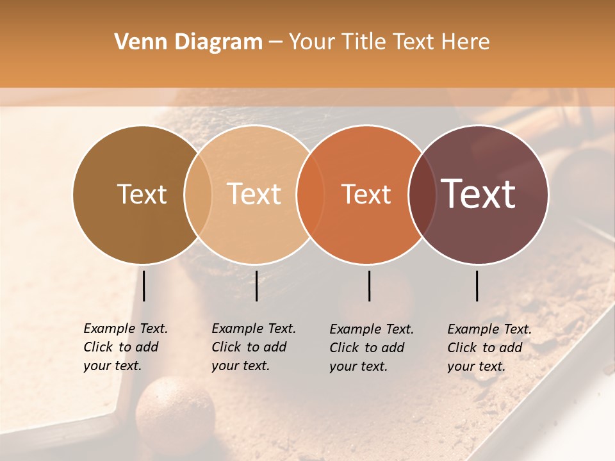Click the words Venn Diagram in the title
tap(188, 42)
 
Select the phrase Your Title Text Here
tap(389, 42)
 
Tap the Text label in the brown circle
tap(142, 194)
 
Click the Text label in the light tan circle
tap(254, 194)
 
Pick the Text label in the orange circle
tap(366, 194)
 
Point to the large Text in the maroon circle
tap(479, 193)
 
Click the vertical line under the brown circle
tap(144, 286)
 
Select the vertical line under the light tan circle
tap(256, 286)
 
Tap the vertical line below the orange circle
tap(370, 286)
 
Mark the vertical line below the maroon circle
tap(477, 286)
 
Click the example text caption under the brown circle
tap(126, 347)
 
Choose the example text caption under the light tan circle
tap(254, 347)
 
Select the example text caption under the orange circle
tap(372, 348)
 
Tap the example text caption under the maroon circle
tap(489, 348)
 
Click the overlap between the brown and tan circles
tap(198, 195)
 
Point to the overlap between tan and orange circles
tap(310, 195)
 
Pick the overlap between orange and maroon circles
tap(422, 195)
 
